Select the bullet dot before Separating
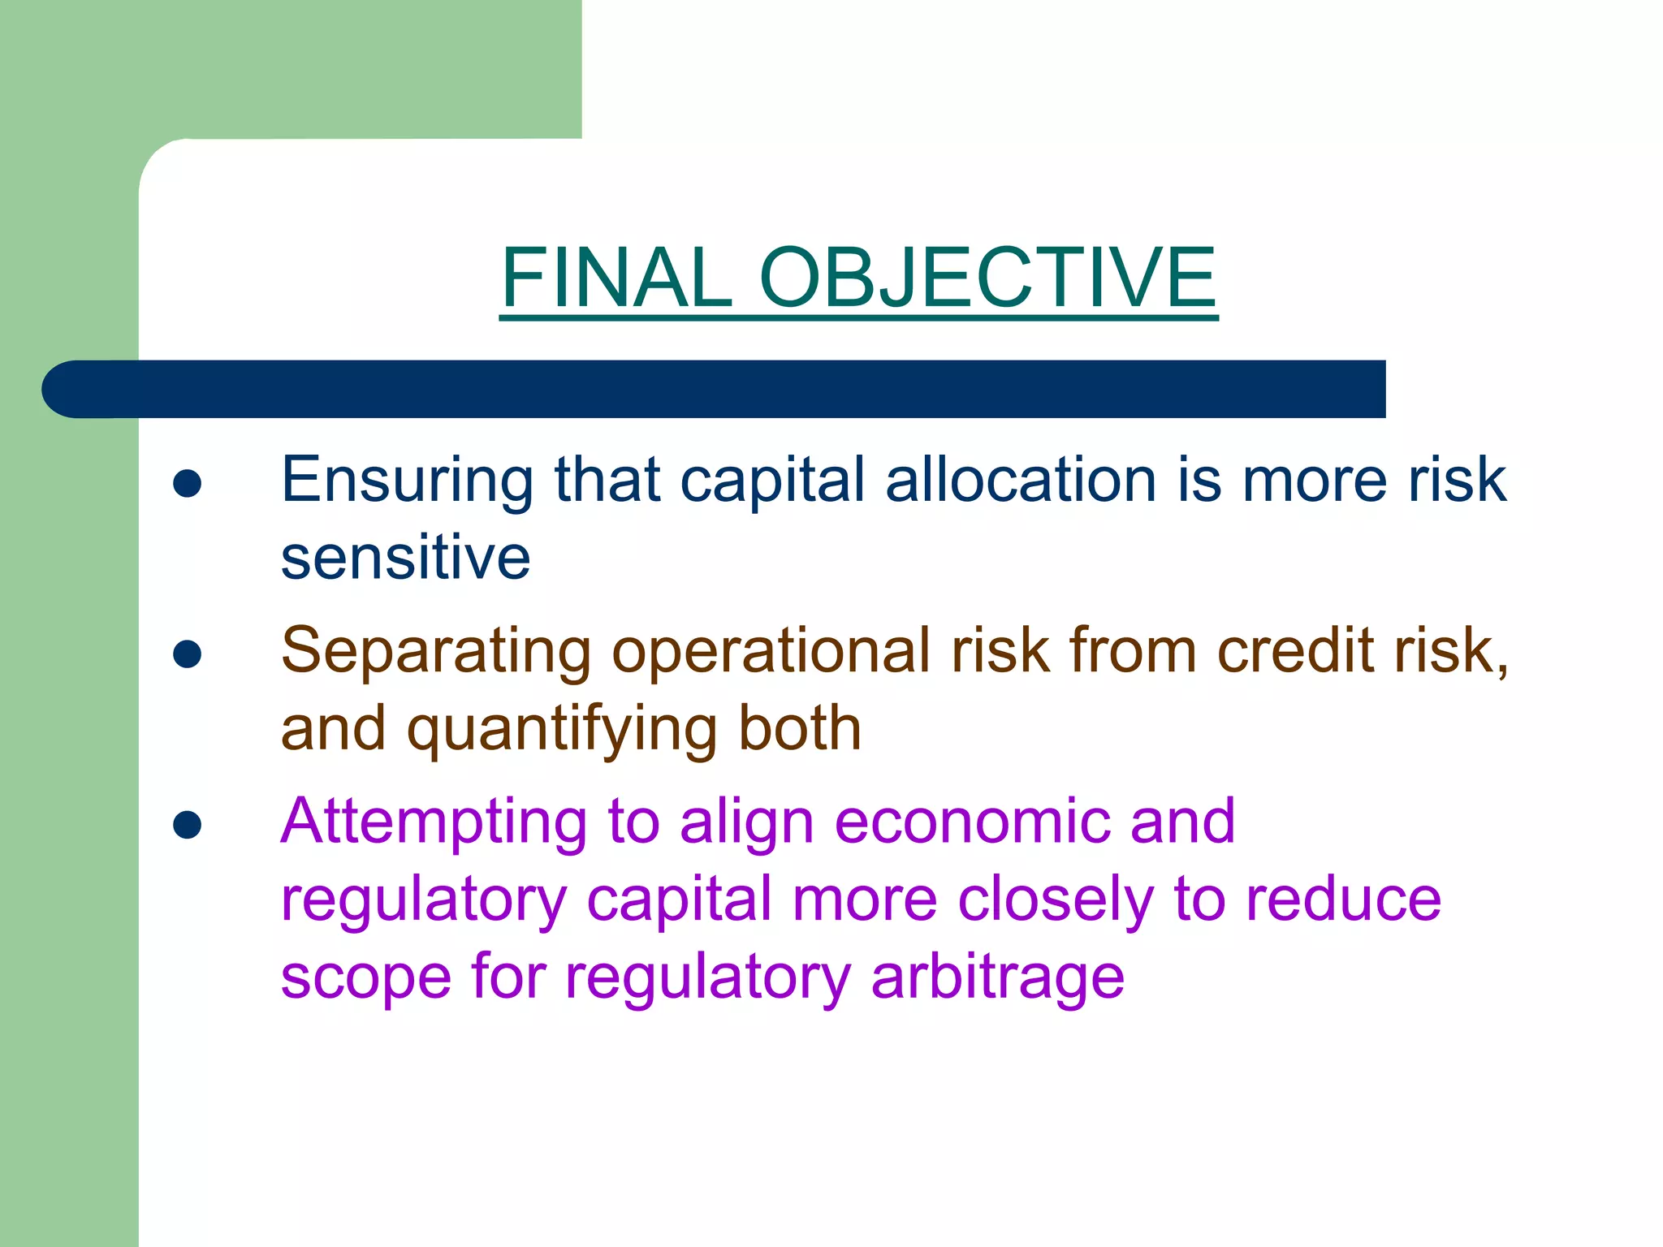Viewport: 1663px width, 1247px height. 188,654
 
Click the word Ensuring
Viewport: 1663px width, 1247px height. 407,481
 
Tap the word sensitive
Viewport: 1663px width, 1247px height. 405,558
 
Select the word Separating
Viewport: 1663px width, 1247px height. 436,652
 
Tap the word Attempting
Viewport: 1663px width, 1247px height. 434,823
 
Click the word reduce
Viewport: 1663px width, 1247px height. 1344,900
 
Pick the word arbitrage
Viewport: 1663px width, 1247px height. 998,978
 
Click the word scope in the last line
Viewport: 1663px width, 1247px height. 365,978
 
